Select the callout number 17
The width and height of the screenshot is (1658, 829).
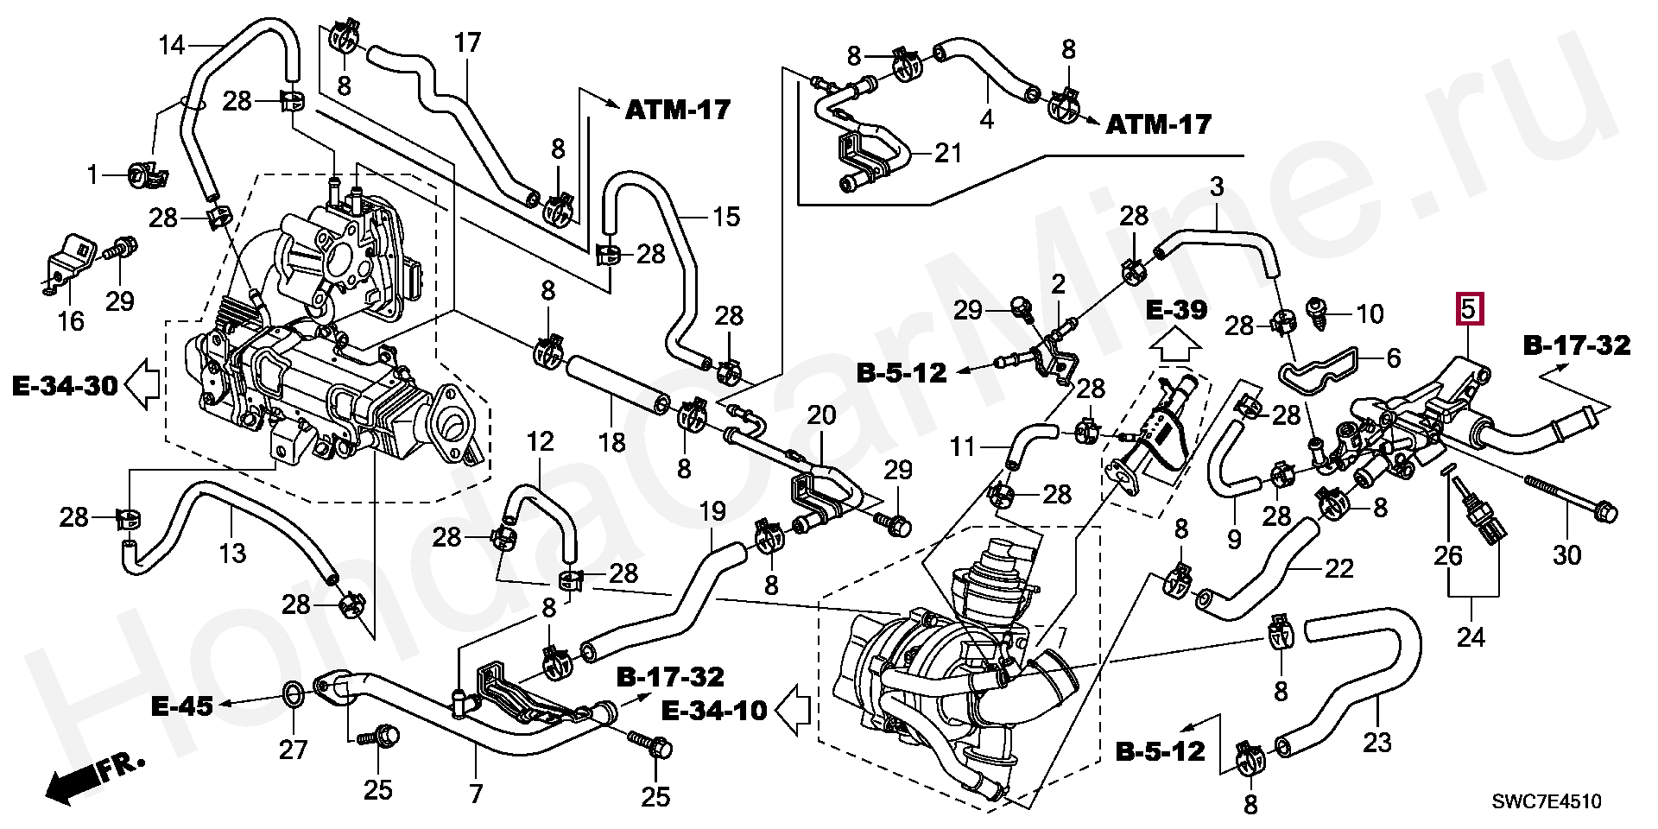467,43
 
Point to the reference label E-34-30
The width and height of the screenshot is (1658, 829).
66,385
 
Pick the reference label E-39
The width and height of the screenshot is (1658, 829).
1176,310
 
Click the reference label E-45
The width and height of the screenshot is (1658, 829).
181,706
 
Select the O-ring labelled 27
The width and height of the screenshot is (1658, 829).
293,693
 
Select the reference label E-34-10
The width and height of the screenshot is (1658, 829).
714,710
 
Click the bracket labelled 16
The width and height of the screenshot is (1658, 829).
66,263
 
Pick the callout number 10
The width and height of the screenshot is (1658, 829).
1370,313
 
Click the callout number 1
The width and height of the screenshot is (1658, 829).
92,176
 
